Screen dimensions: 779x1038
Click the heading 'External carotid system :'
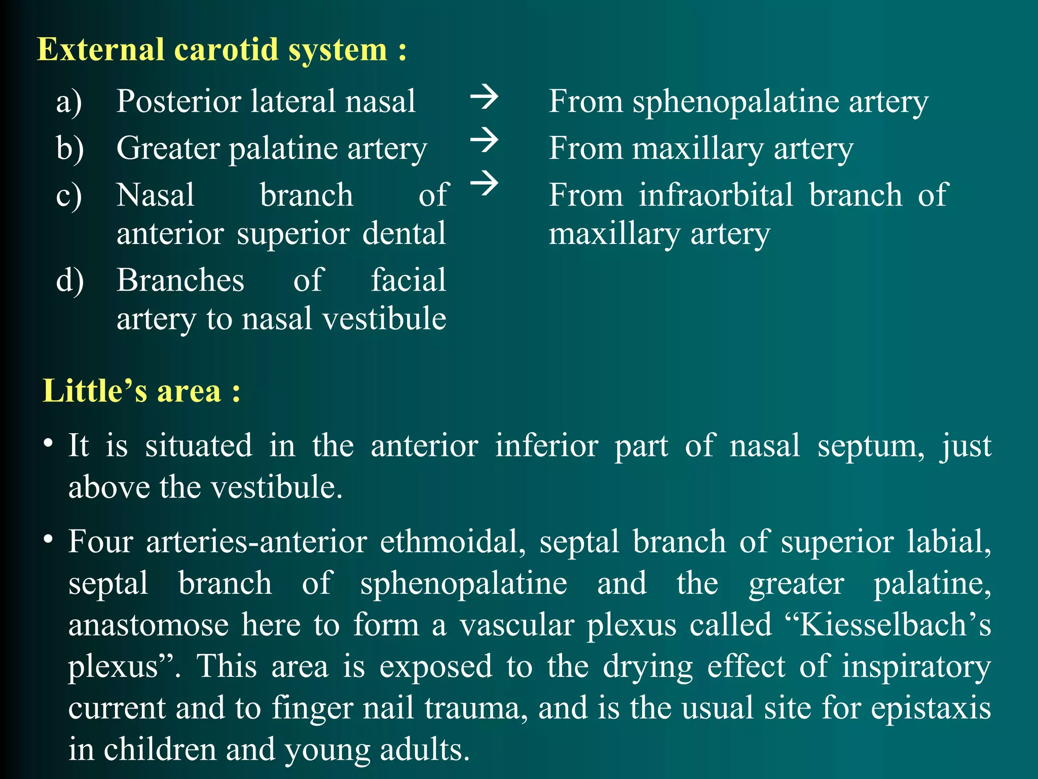tap(221, 50)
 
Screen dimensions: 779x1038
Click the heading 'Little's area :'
tap(141, 391)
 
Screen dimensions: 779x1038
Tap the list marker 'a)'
tap(69, 102)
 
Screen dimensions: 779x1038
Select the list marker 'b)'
tap(70, 149)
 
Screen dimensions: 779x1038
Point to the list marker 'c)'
tap(69, 196)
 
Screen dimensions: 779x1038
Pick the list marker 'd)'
tap(70, 280)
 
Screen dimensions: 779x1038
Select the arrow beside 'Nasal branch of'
tap(484, 183)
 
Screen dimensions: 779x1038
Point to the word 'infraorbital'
tap(716, 195)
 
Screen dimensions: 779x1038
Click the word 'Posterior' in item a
tap(178, 101)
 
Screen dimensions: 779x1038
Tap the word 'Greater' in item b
tap(167, 149)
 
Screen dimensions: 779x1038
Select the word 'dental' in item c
tap(404, 234)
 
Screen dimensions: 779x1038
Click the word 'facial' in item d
tap(408, 280)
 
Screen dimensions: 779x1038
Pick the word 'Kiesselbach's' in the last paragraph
tap(895, 624)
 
